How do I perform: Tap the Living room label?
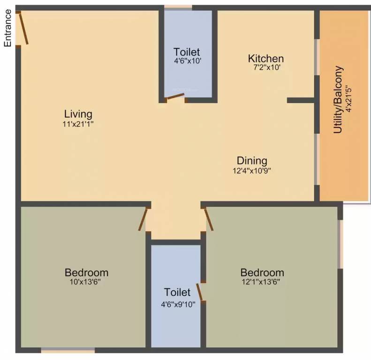click(78, 114)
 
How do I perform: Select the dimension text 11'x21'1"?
click(78, 124)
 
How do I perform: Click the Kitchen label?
click(266, 59)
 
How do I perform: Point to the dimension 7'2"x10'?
click(266, 67)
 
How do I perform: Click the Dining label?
click(252, 161)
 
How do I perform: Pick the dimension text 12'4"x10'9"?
click(252, 171)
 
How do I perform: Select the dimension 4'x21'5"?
click(348, 98)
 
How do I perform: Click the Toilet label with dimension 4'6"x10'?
click(187, 52)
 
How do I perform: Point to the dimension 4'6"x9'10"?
click(178, 303)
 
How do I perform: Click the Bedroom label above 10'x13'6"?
click(86, 272)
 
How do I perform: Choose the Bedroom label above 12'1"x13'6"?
click(262, 272)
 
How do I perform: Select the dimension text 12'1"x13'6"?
click(262, 282)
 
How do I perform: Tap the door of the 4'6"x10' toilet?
click(175, 97)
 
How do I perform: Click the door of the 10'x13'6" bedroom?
click(144, 218)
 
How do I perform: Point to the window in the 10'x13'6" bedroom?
click(68, 350)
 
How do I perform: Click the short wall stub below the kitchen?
click(301, 100)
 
